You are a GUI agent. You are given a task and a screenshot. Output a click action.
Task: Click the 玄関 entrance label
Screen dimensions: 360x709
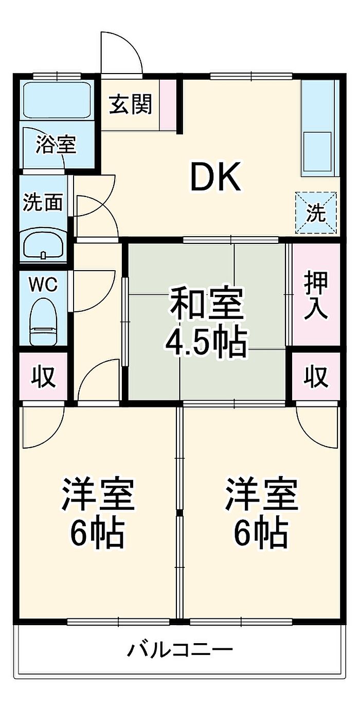point(131,104)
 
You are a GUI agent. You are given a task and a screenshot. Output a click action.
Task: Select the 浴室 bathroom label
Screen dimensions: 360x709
point(56,145)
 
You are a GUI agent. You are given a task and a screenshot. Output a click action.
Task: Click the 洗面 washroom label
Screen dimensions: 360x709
point(43,202)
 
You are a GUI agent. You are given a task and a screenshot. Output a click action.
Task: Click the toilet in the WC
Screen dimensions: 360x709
point(43,322)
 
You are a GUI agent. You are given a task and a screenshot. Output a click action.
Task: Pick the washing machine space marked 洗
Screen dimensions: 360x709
point(316,212)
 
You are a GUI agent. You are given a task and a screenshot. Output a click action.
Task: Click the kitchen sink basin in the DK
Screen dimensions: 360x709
point(317,151)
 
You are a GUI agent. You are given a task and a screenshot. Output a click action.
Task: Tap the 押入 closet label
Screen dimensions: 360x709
point(315,295)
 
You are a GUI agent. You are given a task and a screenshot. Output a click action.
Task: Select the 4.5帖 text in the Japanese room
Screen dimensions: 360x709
point(206,343)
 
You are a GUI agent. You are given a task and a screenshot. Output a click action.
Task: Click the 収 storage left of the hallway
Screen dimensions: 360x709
point(43,376)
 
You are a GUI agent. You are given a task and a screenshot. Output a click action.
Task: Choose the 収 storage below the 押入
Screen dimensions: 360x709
point(315,376)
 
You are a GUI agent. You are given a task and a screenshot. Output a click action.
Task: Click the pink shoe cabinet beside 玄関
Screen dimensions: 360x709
point(168,105)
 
